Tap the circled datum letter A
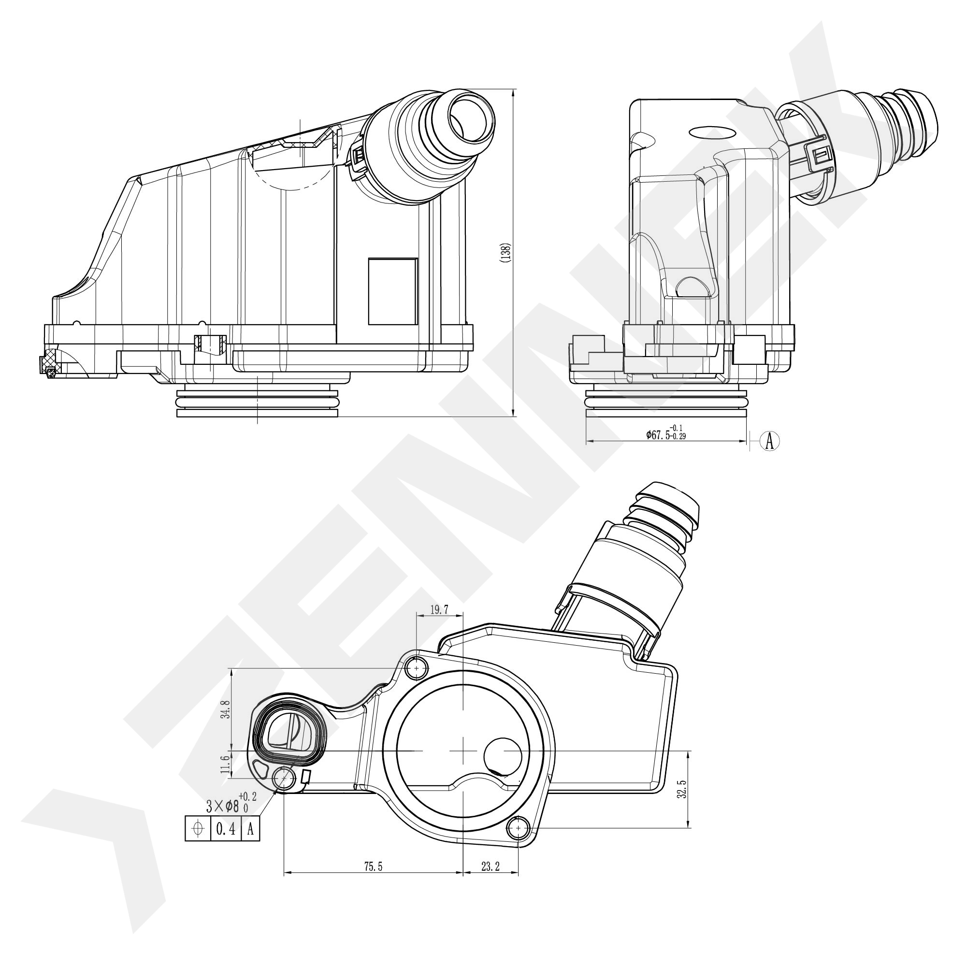tap(770, 440)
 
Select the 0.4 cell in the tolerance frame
tap(226, 829)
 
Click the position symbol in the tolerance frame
tap(198, 829)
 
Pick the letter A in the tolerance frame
tap(251, 829)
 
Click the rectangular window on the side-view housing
tap(393, 291)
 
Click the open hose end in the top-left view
tap(471, 117)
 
